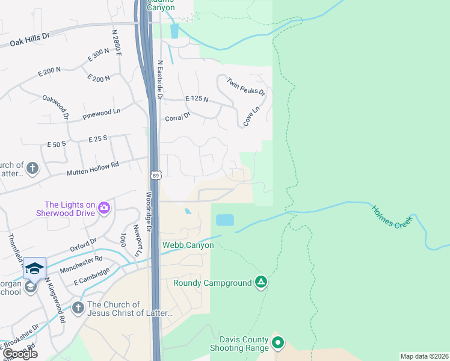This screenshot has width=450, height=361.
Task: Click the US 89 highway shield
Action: coord(155,175)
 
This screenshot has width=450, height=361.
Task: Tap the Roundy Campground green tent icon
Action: coord(260,282)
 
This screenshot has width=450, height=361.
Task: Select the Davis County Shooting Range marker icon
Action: coord(277,344)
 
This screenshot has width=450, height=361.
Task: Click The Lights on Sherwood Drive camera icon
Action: coord(104,208)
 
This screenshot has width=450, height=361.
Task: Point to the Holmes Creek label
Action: coord(390,217)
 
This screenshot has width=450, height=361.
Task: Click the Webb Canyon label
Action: coord(188,245)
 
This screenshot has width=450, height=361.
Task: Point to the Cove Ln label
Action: coord(251,116)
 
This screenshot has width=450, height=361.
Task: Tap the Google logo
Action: coord(19,354)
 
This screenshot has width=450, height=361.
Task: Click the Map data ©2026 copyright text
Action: coord(424,356)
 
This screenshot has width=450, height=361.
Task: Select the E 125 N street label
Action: coord(197,99)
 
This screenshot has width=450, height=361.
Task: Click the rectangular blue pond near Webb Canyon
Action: coord(224,220)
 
